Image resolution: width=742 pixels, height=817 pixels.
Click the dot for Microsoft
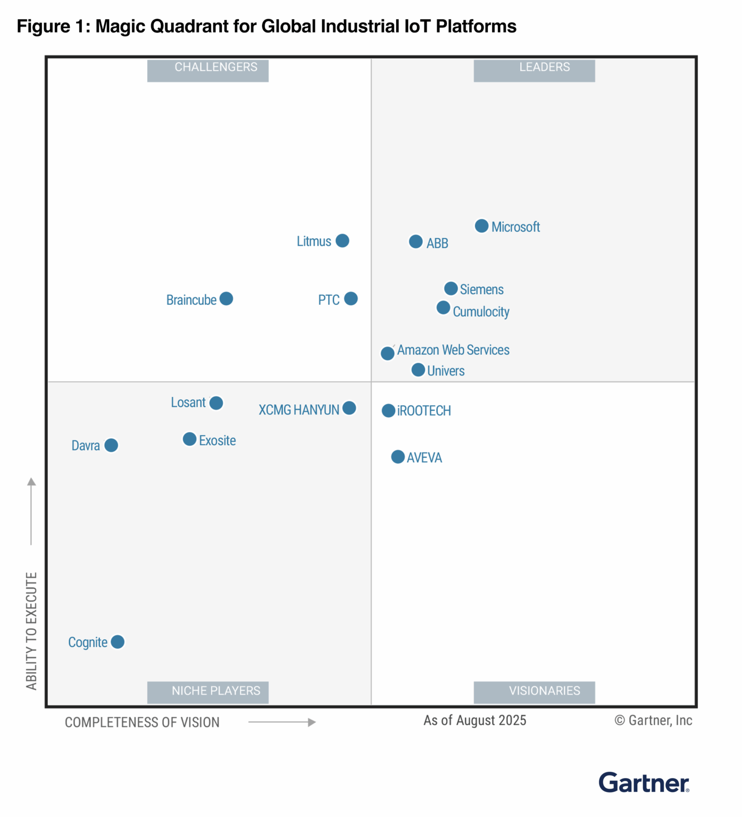[481, 226]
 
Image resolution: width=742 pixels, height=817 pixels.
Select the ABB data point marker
[416, 242]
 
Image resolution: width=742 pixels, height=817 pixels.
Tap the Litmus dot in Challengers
[343, 241]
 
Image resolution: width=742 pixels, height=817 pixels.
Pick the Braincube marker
[226, 299]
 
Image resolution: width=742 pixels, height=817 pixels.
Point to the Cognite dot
[118, 642]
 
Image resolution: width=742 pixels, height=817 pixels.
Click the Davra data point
[111, 445]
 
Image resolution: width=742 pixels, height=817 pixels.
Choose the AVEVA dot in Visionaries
[398, 457]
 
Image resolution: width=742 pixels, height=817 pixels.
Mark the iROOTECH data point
[388, 411]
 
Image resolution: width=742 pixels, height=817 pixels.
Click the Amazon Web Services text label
[453, 350]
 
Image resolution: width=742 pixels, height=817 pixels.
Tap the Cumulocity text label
[481, 312]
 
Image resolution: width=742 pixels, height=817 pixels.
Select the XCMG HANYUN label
[299, 410]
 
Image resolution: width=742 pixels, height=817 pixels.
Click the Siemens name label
[481, 289]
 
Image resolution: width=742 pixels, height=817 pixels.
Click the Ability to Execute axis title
[31, 631]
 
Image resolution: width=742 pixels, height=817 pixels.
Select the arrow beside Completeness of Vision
[282, 722]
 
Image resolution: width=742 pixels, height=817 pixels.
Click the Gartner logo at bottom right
[644, 783]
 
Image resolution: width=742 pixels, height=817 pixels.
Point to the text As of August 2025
[474, 721]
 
